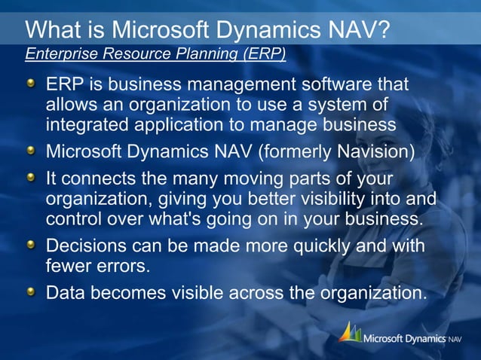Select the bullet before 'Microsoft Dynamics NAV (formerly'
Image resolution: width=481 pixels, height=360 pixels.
click(30, 151)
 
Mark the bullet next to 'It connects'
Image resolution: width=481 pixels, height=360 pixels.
click(30, 178)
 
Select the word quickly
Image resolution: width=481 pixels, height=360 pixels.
click(323, 247)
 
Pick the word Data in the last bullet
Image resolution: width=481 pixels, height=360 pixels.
click(64, 292)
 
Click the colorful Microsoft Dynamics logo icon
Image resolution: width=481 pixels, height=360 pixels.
click(349, 333)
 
